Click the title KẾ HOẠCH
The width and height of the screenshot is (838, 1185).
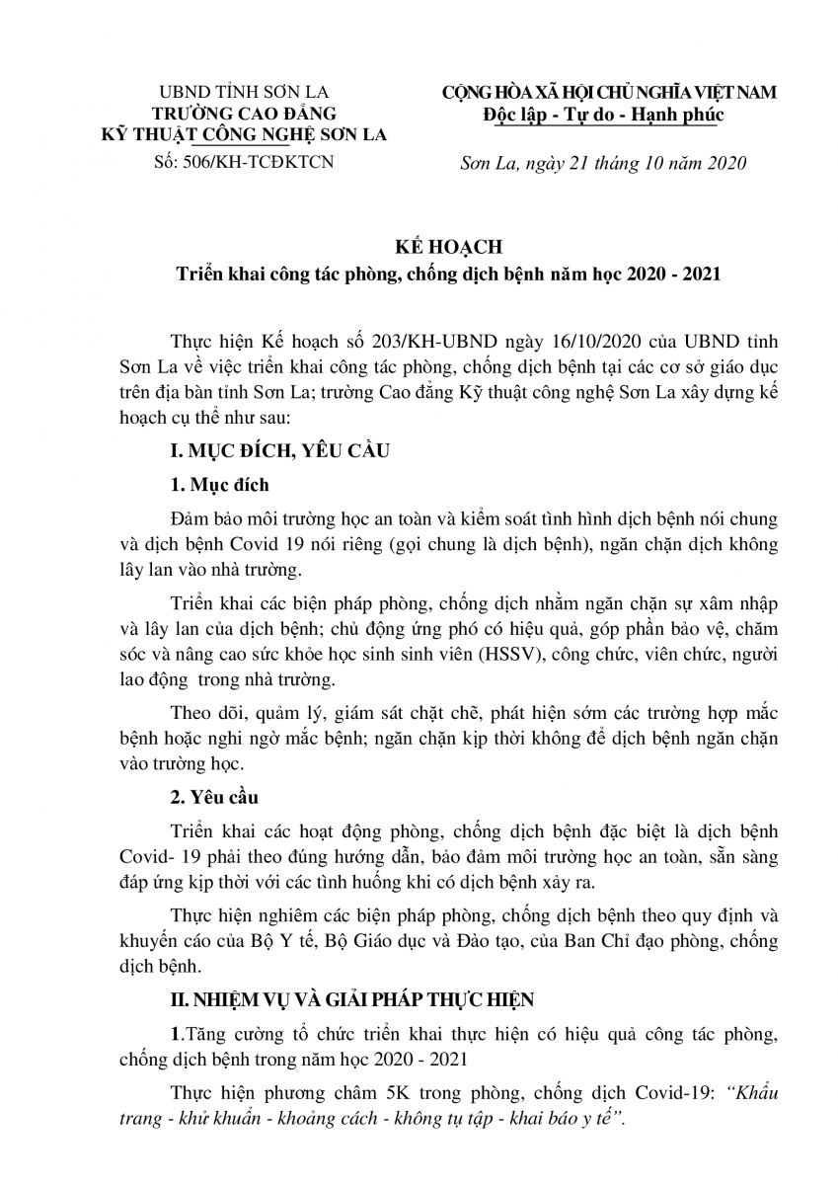tap(419, 247)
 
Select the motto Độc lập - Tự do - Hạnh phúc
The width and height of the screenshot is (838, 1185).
tap(604, 114)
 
